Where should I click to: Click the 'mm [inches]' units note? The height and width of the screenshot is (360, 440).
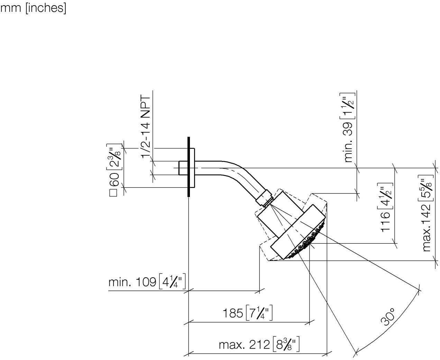(33, 8)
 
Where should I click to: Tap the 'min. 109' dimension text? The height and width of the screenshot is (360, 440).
(147, 282)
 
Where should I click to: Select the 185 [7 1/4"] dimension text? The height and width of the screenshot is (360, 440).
(248, 313)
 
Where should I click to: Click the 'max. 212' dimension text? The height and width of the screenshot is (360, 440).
(259, 345)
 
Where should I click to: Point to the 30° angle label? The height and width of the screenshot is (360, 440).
(388, 316)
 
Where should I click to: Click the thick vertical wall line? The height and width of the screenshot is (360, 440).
(189, 166)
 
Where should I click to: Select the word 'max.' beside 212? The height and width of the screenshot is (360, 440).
(231, 345)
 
